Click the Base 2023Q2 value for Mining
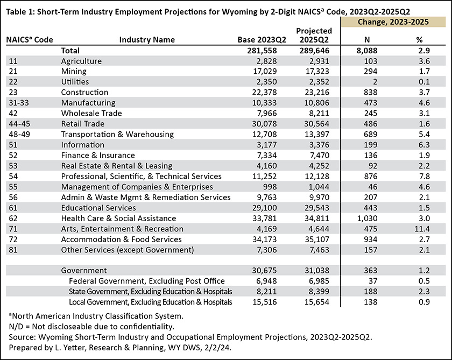point(265,71)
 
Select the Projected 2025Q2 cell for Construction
point(317,92)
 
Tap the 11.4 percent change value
point(422,229)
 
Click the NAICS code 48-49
point(19,135)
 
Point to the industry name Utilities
point(75,82)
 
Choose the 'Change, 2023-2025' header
point(393,22)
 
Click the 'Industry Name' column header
point(147,40)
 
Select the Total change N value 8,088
point(366,51)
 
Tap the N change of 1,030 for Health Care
point(367,218)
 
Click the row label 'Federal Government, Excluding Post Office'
point(147,281)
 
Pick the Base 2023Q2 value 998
point(270,187)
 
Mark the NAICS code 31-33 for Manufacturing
point(19,103)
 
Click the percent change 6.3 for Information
point(424,145)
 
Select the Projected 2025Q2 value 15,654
point(317,302)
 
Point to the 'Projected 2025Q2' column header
point(314,35)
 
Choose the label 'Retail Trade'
point(83,124)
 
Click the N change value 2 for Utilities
point(375,82)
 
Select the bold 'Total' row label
point(70,51)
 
